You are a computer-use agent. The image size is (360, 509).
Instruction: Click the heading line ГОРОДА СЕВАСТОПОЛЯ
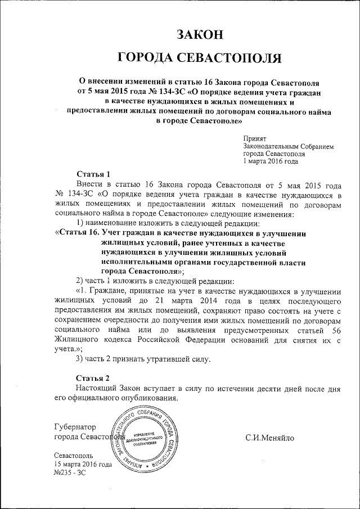pyautogui.click(x=200, y=58)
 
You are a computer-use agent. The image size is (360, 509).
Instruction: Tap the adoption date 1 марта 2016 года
pyautogui.click(x=271, y=161)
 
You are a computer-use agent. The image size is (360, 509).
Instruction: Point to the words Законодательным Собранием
pyautogui.click(x=288, y=146)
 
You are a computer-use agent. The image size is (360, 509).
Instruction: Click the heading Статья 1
pyautogui.click(x=89, y=173)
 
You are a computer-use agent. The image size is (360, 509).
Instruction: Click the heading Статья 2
pyautogui.click(x=89, y=377)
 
